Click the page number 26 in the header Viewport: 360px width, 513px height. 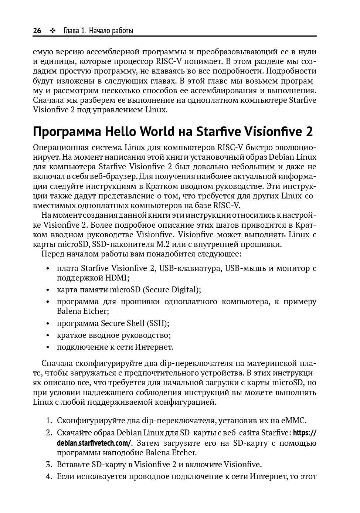click(37, 31)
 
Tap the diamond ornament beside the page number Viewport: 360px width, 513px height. click(52, 31)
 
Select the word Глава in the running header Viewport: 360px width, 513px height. click(71, 31)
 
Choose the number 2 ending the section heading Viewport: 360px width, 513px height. click(309, 132)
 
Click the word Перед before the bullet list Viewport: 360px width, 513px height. click(52, 254)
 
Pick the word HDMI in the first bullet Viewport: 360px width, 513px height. click(116, 278)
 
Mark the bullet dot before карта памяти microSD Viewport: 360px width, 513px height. click(48, 290)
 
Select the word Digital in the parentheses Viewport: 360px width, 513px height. click(186, 289)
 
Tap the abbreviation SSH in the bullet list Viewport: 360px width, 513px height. click(157, 323)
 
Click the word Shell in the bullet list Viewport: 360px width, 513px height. click(136, 323)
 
